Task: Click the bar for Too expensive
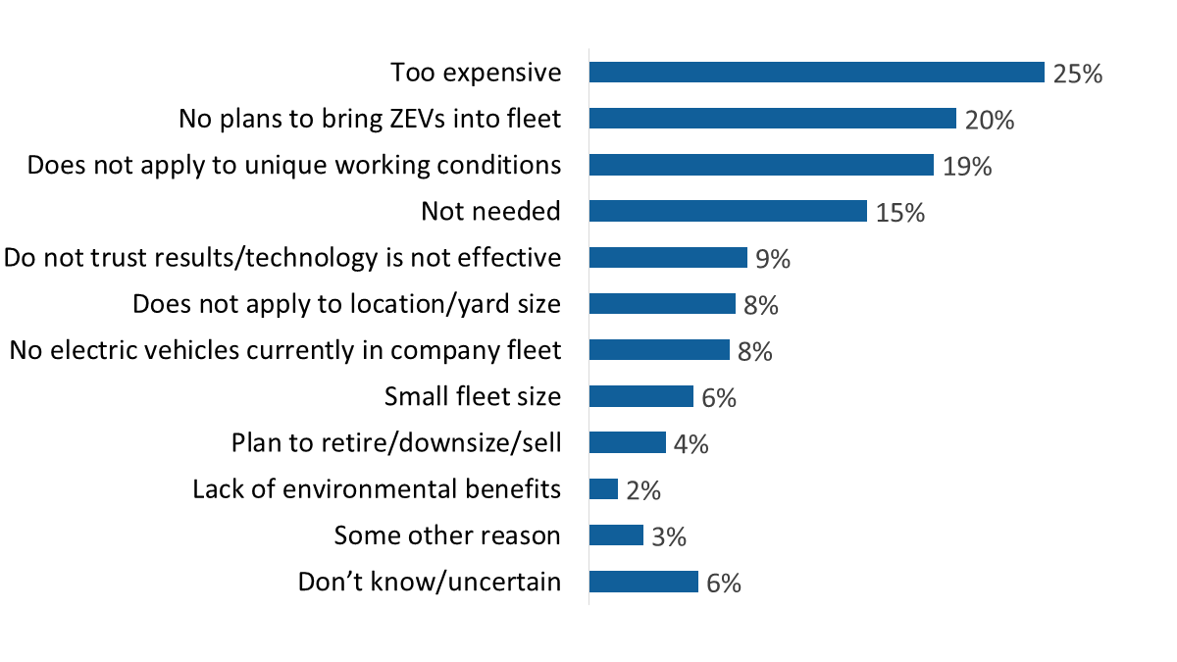pos(816,73)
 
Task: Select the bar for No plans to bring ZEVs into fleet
pos(772,119)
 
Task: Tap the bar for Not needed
pos(728,212)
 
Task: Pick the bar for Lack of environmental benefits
pos(603,489)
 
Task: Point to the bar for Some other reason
pos(616,535)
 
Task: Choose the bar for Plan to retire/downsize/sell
pos(627,443)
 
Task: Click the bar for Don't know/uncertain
pos(643,583)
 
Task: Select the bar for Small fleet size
pos(641,396)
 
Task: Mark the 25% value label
pos(1078,74)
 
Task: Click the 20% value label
pos(989,120)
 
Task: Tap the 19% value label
pos(967,167)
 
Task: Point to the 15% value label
pos(900,213)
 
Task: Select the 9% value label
pos(773,259)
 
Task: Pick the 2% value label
pos(643,490)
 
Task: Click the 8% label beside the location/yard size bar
pos(760,305)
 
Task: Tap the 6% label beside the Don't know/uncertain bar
pos(723,584)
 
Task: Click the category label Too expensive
pos(476,73)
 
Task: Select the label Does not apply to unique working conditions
pos(294,165)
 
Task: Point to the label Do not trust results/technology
pos(282,258)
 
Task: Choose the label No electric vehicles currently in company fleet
pos(285,350)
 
